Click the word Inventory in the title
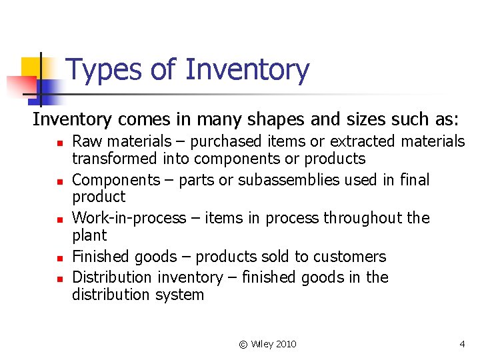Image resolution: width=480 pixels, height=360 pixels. [x=247, y=70]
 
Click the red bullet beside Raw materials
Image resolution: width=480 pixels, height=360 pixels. [x=59, y=143]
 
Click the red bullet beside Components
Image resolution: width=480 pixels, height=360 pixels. [x=59, y=181]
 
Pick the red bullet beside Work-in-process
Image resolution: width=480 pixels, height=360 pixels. [x=59, y=219]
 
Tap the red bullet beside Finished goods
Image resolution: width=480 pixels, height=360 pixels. [x=59, y=258]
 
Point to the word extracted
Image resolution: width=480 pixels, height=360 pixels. [x=363, y=141]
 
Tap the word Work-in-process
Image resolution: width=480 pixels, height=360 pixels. [x=127, y=219]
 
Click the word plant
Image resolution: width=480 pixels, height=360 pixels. [x=89, y=235]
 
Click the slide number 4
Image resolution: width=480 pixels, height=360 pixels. [x=462, y=344]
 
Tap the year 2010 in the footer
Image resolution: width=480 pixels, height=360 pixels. [x=285, y=344]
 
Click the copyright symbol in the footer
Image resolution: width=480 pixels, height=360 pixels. [x=243, y=344]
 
